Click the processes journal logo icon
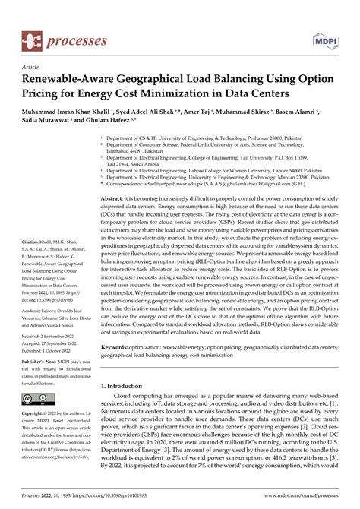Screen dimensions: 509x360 [x=30, y=17]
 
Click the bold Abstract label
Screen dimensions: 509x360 [x=125, y=197]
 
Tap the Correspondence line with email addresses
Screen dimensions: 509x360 [x=213, y=183]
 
